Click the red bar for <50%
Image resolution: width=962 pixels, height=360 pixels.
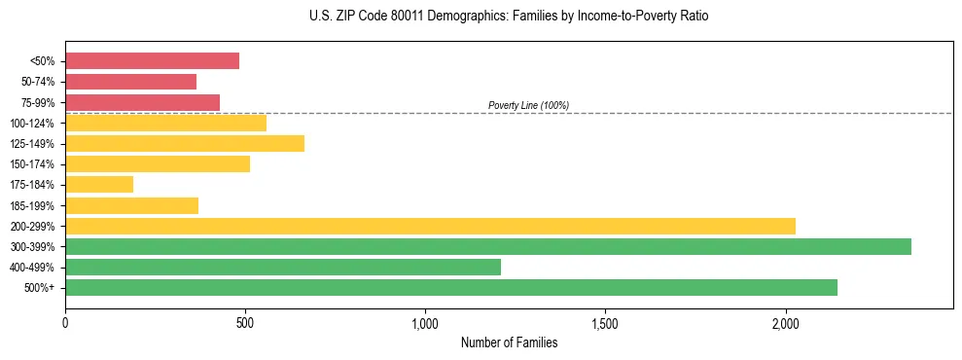[x=152, y=61]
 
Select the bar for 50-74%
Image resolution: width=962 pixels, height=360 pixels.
[x=130, y=82]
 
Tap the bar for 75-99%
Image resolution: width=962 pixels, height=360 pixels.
[x=142, y=102]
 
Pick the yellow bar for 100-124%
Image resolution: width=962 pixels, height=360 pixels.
[x=165, y=123]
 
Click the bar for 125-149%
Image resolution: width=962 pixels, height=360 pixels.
[x=185, y=144]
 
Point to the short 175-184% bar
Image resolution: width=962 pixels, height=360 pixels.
[x=99, y=185]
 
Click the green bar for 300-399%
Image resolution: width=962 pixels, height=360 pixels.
[x=488, y=246]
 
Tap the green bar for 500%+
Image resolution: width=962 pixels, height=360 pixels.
[x=451, y=287]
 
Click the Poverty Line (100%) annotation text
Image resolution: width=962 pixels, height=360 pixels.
[x=528, y=105]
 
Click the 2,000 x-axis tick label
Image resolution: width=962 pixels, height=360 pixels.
[x=786, y=323]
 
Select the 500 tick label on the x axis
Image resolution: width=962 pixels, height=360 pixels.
[x=245, y=323]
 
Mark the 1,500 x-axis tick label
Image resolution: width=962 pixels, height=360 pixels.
[x=605, y=323]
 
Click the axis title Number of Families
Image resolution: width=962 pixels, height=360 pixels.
[x=509, y=342]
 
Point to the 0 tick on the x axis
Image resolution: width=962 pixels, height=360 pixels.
[x=65, y=323]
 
